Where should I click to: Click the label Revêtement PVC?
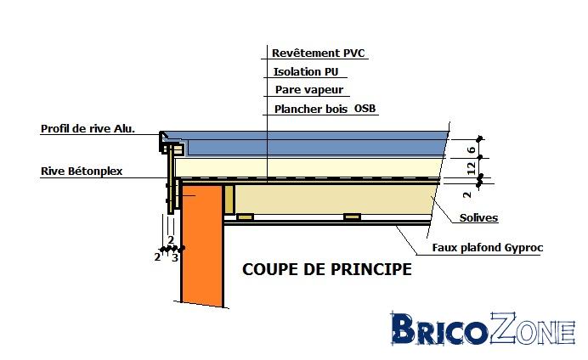[x=318, y=53]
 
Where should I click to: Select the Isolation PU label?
[x=306, y=71]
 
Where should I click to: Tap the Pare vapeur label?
[x=309, y=90]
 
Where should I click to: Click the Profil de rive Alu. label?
[x=88, y=129]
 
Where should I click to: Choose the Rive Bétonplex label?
[x=82, y=172]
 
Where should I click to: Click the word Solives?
[x=478, y=217]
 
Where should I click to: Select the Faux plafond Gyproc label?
[x=488, y=248]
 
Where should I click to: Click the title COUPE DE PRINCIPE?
[x=327, y=269]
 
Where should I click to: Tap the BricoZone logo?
[x=483, y=329]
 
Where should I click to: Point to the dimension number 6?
[x=472, y=149]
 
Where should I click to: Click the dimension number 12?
[x=472, y=168]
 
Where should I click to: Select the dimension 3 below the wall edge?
[x=175, y=258]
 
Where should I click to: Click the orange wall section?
[x=202, y=244]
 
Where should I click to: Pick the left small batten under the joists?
[x=245, y=217]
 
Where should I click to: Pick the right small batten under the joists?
[x=352, y=217]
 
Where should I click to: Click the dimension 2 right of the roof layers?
[x=466, y=194]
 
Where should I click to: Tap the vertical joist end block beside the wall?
[x=229, y=200]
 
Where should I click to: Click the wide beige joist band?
[x=334, y=200]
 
